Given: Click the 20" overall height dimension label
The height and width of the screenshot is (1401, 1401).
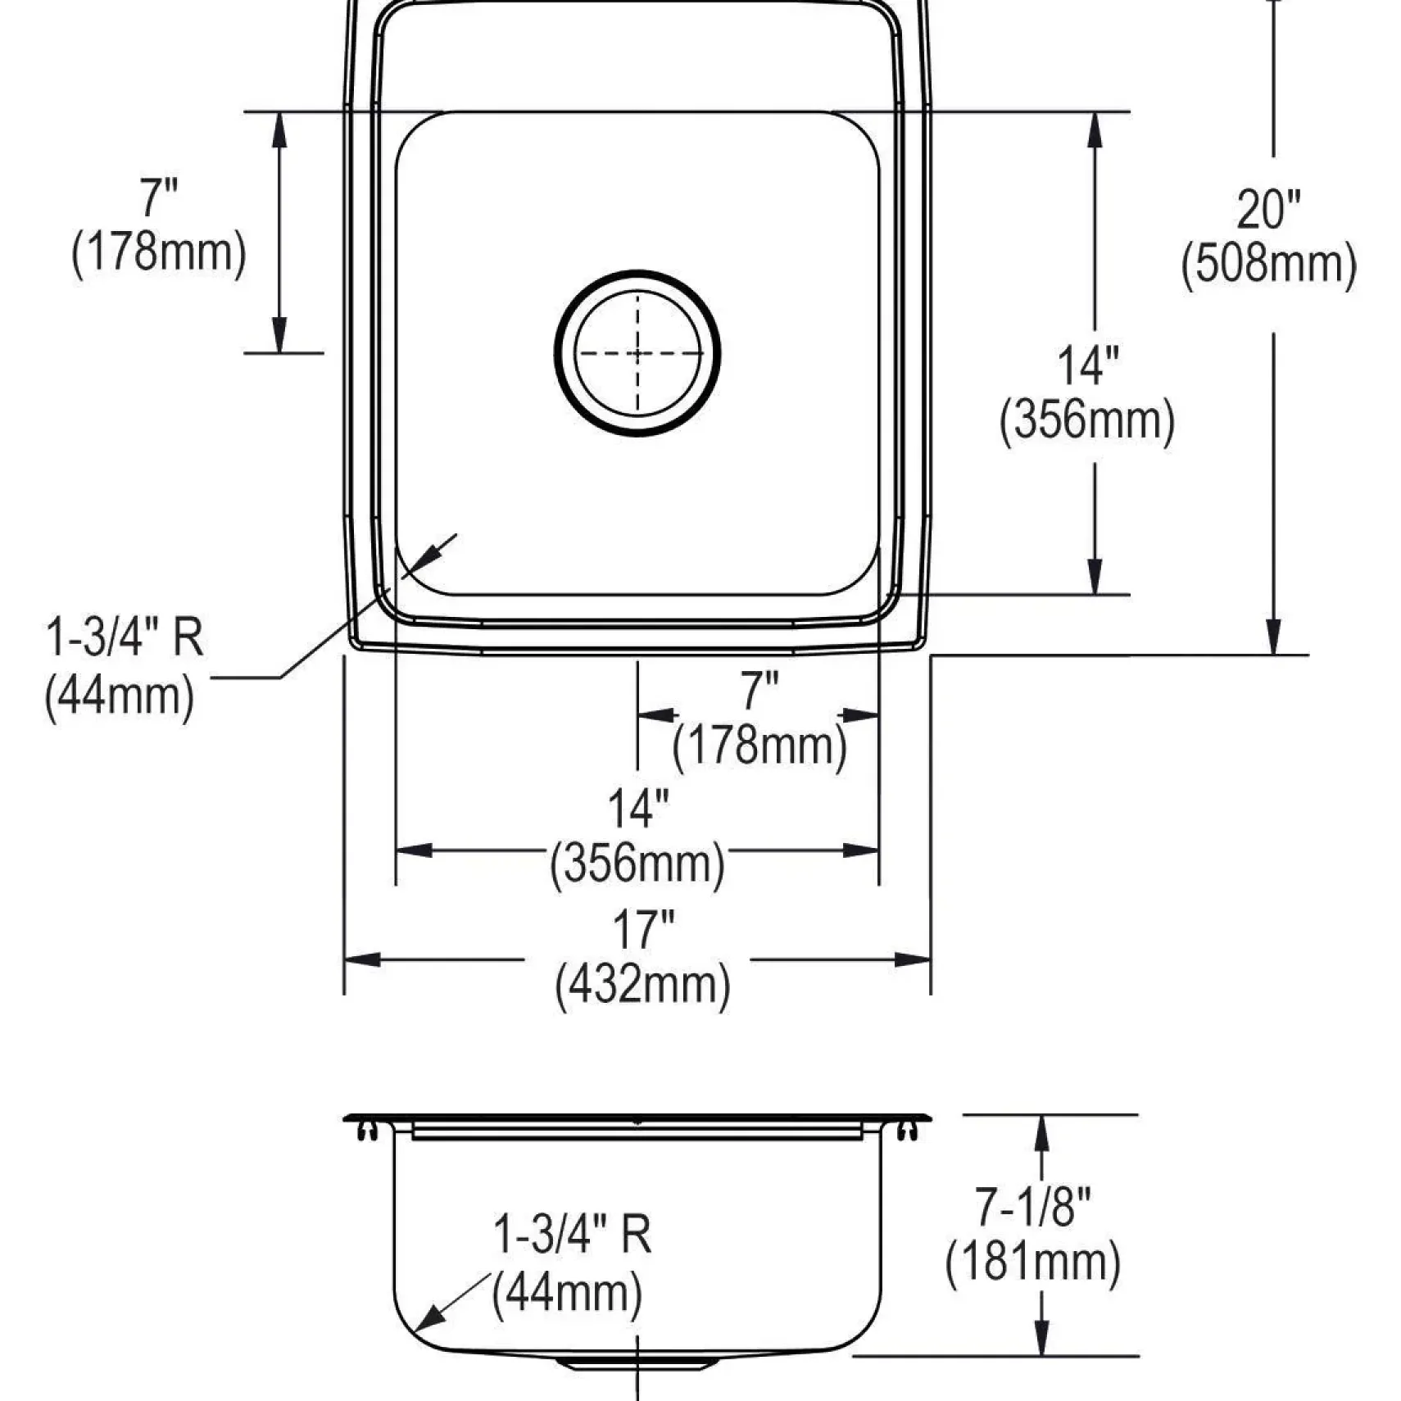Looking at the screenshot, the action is pyautogui.click(x=1268, y=210).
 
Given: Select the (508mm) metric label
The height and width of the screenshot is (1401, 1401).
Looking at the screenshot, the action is pyautogui.click(x=1268, y=265).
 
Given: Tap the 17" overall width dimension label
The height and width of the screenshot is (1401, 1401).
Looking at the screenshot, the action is pyautogui.click(x=643, y=929).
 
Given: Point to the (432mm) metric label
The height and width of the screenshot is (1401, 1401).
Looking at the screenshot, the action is pyautogui.click(x=643, y=985).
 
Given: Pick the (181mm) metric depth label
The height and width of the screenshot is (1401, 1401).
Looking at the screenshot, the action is pyautogui.click(x=1033, y=1262).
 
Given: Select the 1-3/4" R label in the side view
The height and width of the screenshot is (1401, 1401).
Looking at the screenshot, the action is pyautogui.click(x=572, y=1234).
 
